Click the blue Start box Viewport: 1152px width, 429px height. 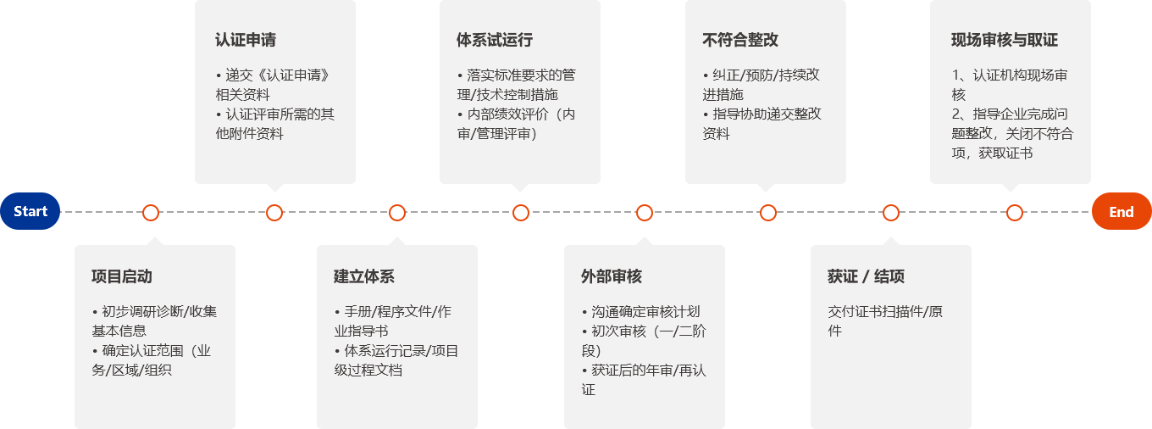pyautogui.click(x=30, y=211)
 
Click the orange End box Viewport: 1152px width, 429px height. pyautogui.click(x=1121, y=211)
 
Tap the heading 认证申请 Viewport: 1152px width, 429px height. pyautogui.click(x=246, y=40)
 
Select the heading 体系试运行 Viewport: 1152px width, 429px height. pyautogui.click(x=495, y=40)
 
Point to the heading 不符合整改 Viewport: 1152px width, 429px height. pyautogui.click(x=740, y=40)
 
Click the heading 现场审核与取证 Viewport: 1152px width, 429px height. pyautogui.click(x=1005, y=40)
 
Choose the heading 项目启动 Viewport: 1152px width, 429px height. pyautogui.click(x=122, y=276)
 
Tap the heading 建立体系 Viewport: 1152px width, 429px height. pyautogui.click(x=364, y=276)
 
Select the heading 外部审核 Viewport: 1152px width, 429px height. pyautogui.click(x=612, y=276)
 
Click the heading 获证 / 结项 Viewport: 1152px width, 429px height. pyautogui.click(x=866, y=276)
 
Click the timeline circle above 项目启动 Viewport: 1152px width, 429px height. pyautogui.click(x=151, y=213)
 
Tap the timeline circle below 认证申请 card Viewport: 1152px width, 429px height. pyautogui.click(x=274, y=213)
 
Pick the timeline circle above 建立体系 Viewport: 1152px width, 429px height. pyautogui.click(x=397, y=213)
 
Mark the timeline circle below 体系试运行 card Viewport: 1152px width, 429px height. pyautogui.click(x=521, y=213)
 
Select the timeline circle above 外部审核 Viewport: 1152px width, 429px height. pyautogui.click(x=645, y=213)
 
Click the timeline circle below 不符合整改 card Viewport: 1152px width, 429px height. pyautogui.click(x=768, y=213)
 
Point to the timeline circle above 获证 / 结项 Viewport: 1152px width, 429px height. pyautogui.click(x=891, y=213)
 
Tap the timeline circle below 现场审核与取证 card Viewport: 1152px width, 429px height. pyautogui.click(x=1015, y=213)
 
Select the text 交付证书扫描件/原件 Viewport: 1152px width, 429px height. pyautogui.click(x=884, y=320)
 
